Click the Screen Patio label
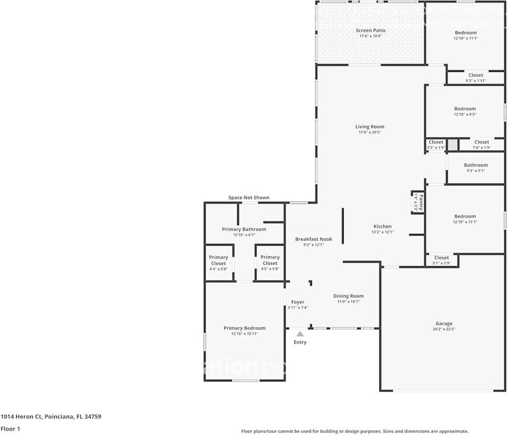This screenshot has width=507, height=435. click(370, 30)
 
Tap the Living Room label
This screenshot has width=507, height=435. click(370, 127)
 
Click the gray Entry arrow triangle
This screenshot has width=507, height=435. click(300, 334)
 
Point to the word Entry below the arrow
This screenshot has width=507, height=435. click(300, 342)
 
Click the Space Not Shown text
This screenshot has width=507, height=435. click(249, 198)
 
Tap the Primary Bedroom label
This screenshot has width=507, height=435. click(244, 328)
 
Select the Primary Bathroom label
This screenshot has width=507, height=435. click(244, 229)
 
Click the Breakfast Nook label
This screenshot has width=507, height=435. click(313, 239)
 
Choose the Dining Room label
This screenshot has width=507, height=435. click(349, 296)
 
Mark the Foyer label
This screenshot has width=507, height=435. click(298, 302)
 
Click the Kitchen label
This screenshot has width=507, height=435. click(382, 227)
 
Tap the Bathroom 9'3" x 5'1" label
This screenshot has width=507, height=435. click(476, 165)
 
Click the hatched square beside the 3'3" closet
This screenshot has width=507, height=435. click(453, 145)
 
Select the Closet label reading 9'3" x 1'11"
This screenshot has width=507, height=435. click(476, 75)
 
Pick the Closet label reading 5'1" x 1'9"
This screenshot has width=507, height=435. click(441, 258)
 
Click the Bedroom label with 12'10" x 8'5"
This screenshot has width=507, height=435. click(464, 109)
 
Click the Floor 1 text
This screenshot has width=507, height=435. click(11, 429)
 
